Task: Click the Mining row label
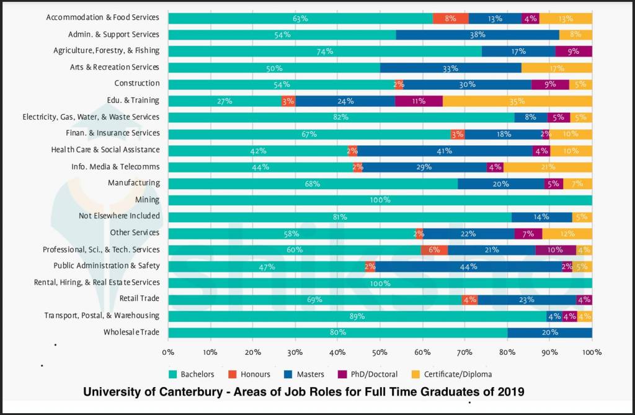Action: point(147,200)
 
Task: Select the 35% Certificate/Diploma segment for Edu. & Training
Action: point(517,101)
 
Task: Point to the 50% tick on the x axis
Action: point(380,352)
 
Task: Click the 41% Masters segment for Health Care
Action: point(444,151)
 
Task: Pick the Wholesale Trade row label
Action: point(131,332)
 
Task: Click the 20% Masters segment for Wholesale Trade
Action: point(549,332)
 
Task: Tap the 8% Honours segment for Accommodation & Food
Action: point(450,19)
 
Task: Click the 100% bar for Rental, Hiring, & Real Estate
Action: point(380,283)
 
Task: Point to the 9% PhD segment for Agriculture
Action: point(574,51)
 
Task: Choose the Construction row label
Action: point(137,83)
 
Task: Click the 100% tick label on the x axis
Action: point(592,352)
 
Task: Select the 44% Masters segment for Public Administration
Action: point(468,267)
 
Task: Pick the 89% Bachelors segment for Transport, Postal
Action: point(357,316)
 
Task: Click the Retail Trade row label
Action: point(140,299)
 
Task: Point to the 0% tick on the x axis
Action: point(168,352)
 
